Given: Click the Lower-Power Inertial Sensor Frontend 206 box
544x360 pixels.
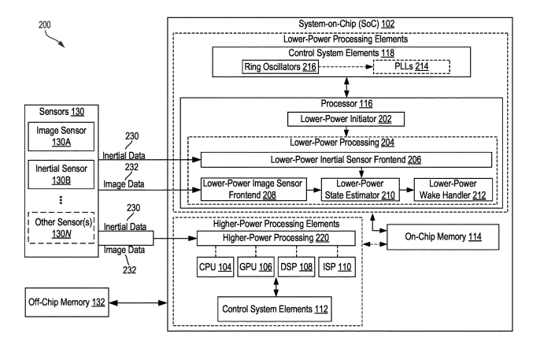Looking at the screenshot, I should pyautogui.click(x=346, y=159).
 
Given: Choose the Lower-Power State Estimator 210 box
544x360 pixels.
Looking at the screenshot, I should pyautogui.click(x=357, y=188).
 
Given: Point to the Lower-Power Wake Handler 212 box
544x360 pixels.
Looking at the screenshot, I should pyautogui.click(x=451, y=188).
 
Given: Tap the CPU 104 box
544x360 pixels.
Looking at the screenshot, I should pyautogui.click(x=215, y=267).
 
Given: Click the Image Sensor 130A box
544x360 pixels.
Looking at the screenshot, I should pyautogui.click(x=54, y=135).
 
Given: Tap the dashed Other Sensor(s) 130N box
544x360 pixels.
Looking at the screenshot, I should pyautogui.click(x=54, y=228).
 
